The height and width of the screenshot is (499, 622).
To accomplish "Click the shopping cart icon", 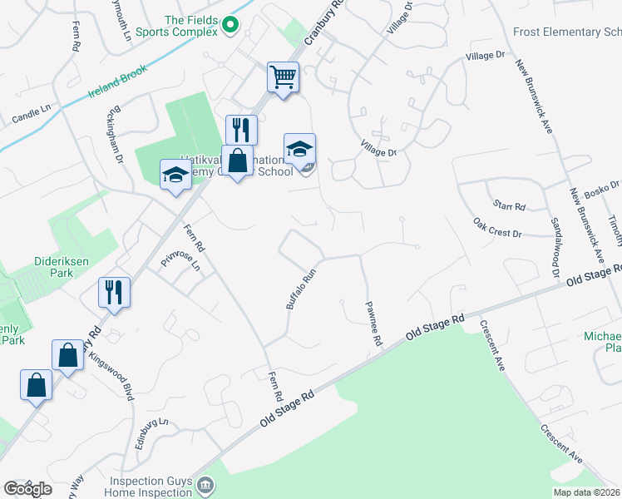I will coord(283,77).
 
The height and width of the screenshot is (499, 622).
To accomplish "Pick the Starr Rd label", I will coord(509,205).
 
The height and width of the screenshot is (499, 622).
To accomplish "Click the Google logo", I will coord(27,489).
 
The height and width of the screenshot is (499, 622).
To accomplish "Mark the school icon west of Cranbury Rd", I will coord(175,175).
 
